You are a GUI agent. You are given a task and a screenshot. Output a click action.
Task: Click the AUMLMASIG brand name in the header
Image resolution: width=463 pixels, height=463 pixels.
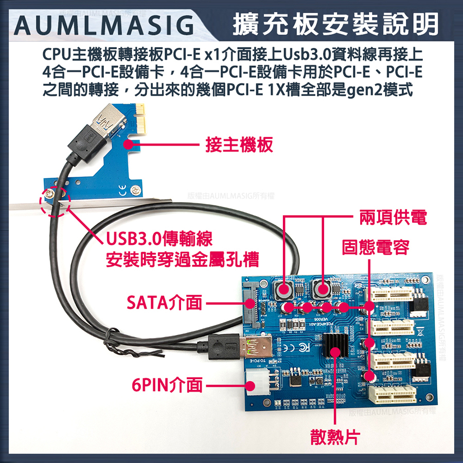point(103,24)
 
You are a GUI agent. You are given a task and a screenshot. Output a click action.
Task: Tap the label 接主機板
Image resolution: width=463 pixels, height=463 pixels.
point(239,145)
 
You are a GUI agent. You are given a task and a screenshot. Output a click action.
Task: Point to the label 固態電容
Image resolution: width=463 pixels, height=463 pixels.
point(376,247)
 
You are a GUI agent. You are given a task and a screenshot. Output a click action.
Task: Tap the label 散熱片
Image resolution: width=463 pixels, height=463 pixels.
point(335,437)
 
